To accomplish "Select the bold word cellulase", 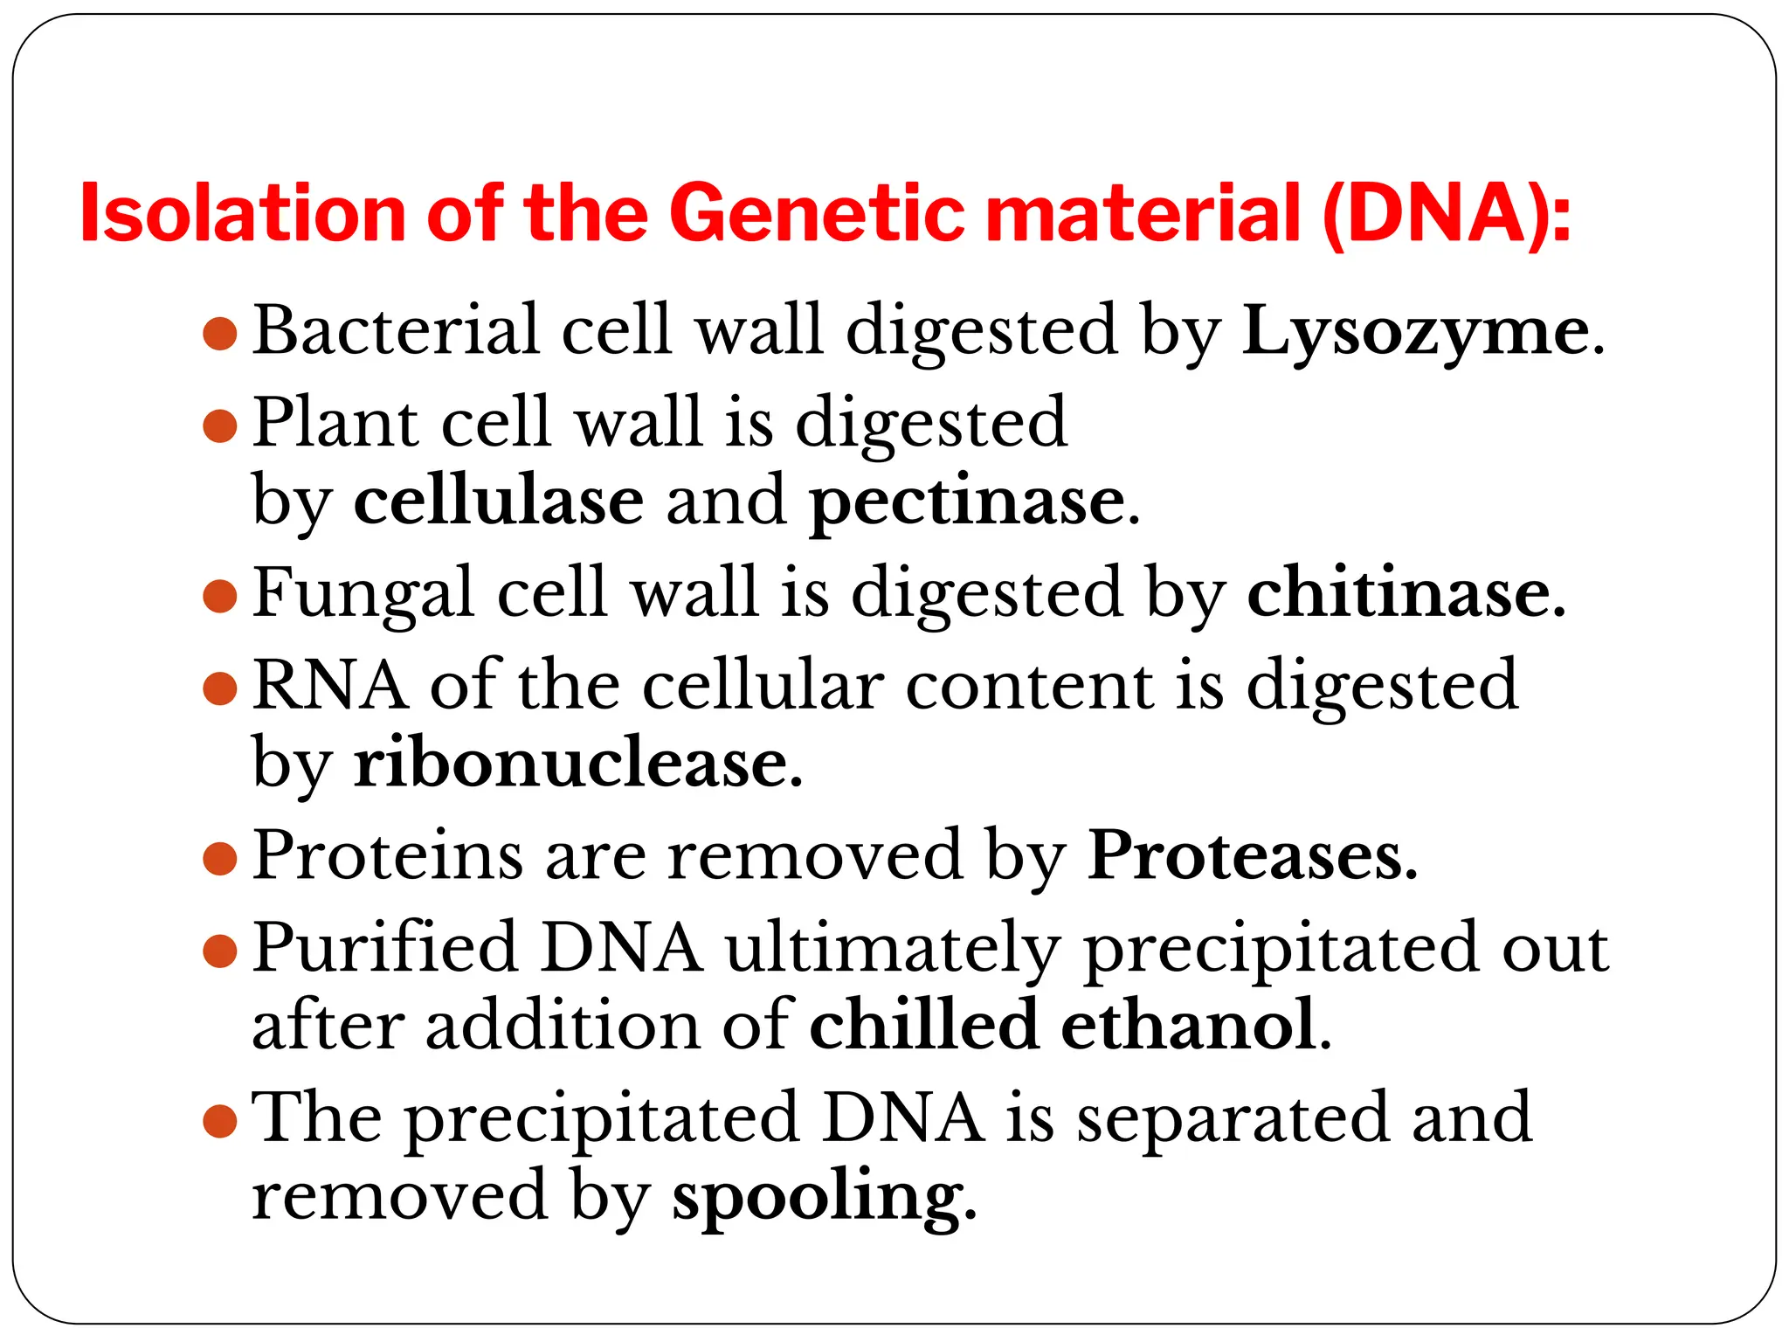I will pos(499,502).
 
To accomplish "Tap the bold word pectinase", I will pos(967,503).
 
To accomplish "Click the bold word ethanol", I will pos(1188,1026).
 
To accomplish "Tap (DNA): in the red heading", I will pos(1446,214).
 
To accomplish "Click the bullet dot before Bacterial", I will pos(220,335).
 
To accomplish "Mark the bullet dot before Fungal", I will pos(220,597).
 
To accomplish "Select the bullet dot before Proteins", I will pos(220,858).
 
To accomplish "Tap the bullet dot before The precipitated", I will pos(220,1121).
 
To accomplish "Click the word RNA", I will pos(330,686).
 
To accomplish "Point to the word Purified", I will pos(385,949).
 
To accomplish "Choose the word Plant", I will pos(335,423).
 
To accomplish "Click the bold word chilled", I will pos(923,1026).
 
